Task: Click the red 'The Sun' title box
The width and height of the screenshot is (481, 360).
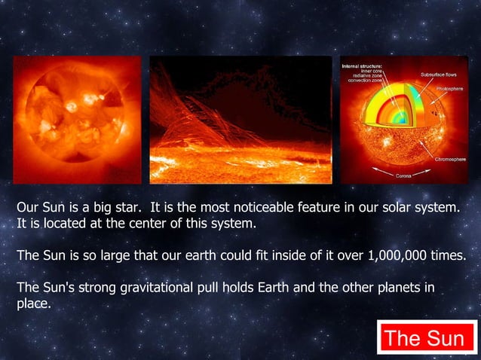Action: point(424,338)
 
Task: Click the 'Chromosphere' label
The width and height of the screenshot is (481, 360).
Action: point(451,160)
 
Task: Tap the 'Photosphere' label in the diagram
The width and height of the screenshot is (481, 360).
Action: point(452,89)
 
